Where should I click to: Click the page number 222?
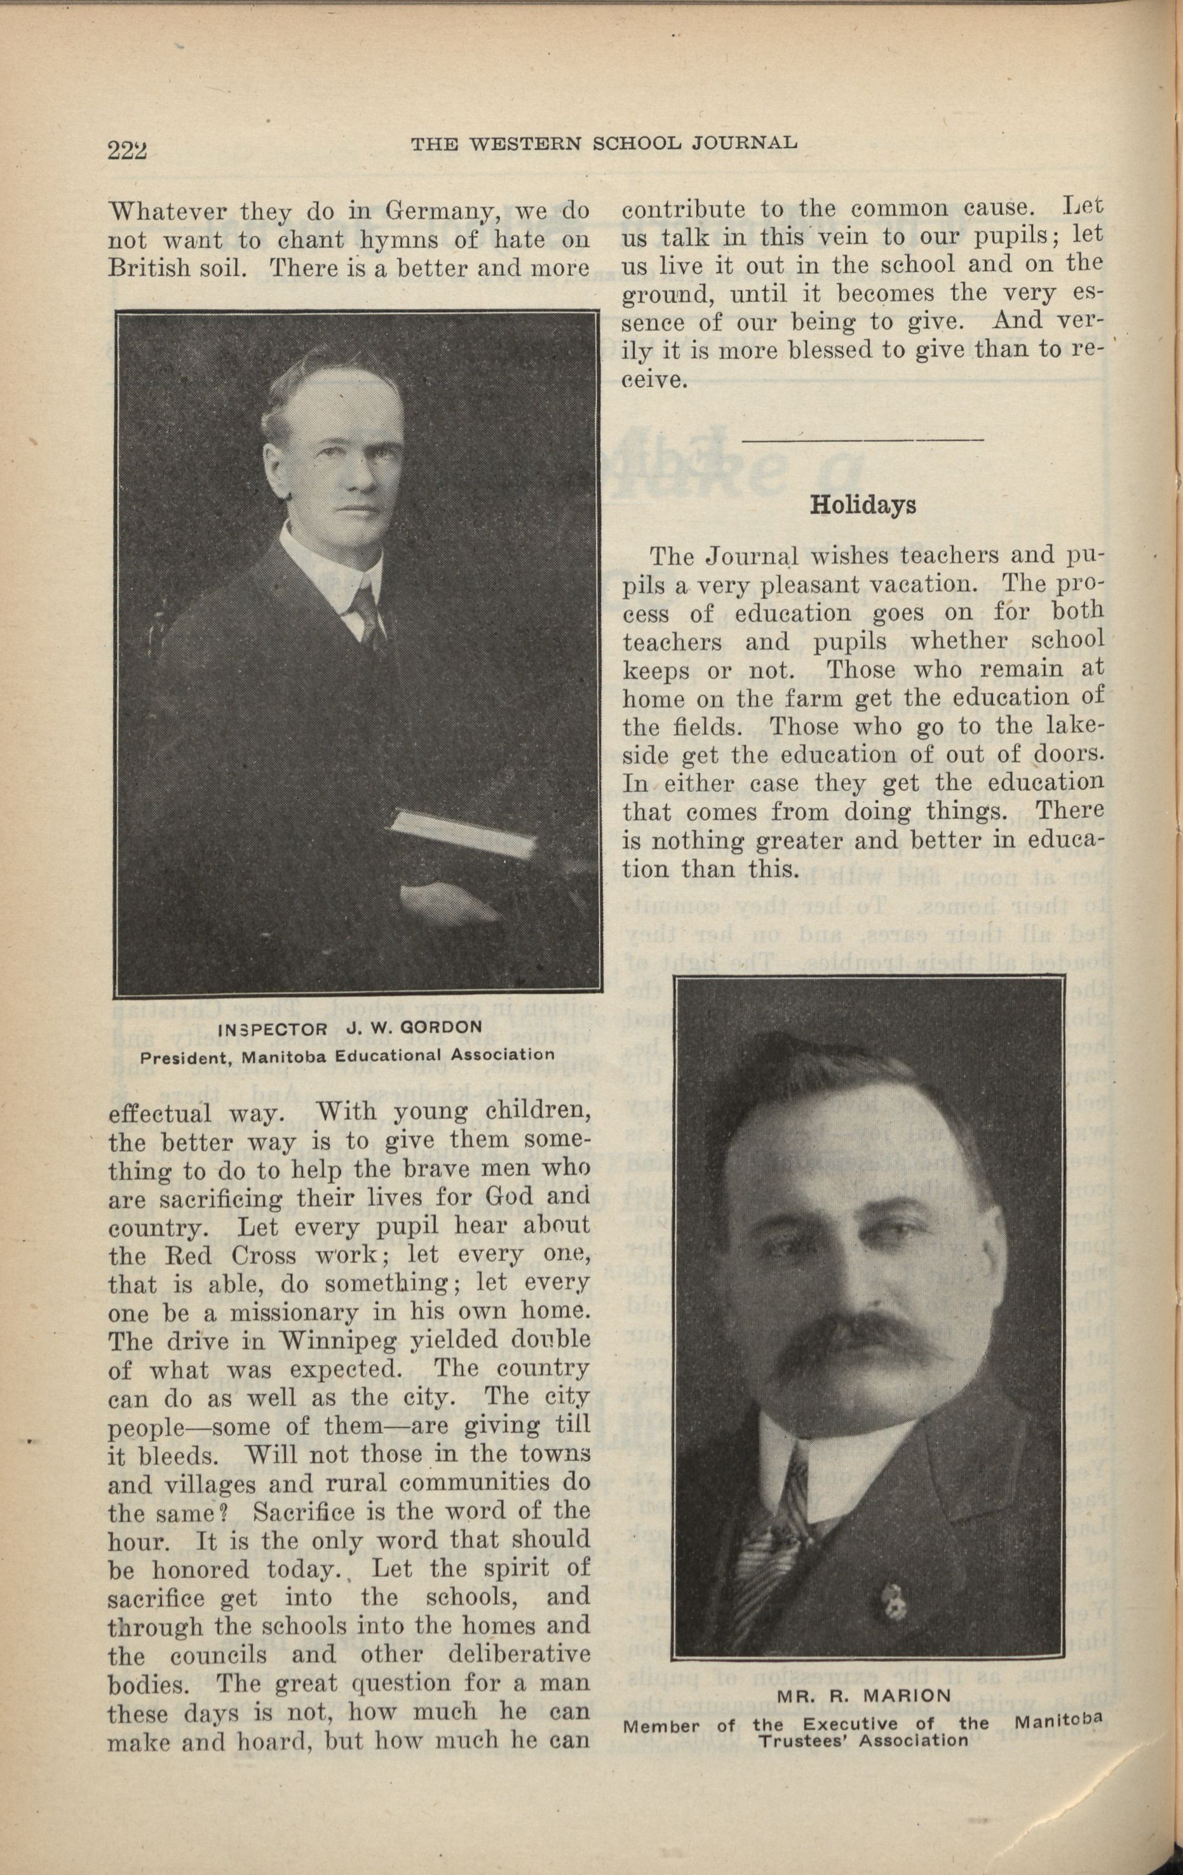point(128,148)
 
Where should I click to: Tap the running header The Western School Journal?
point(604,143)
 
